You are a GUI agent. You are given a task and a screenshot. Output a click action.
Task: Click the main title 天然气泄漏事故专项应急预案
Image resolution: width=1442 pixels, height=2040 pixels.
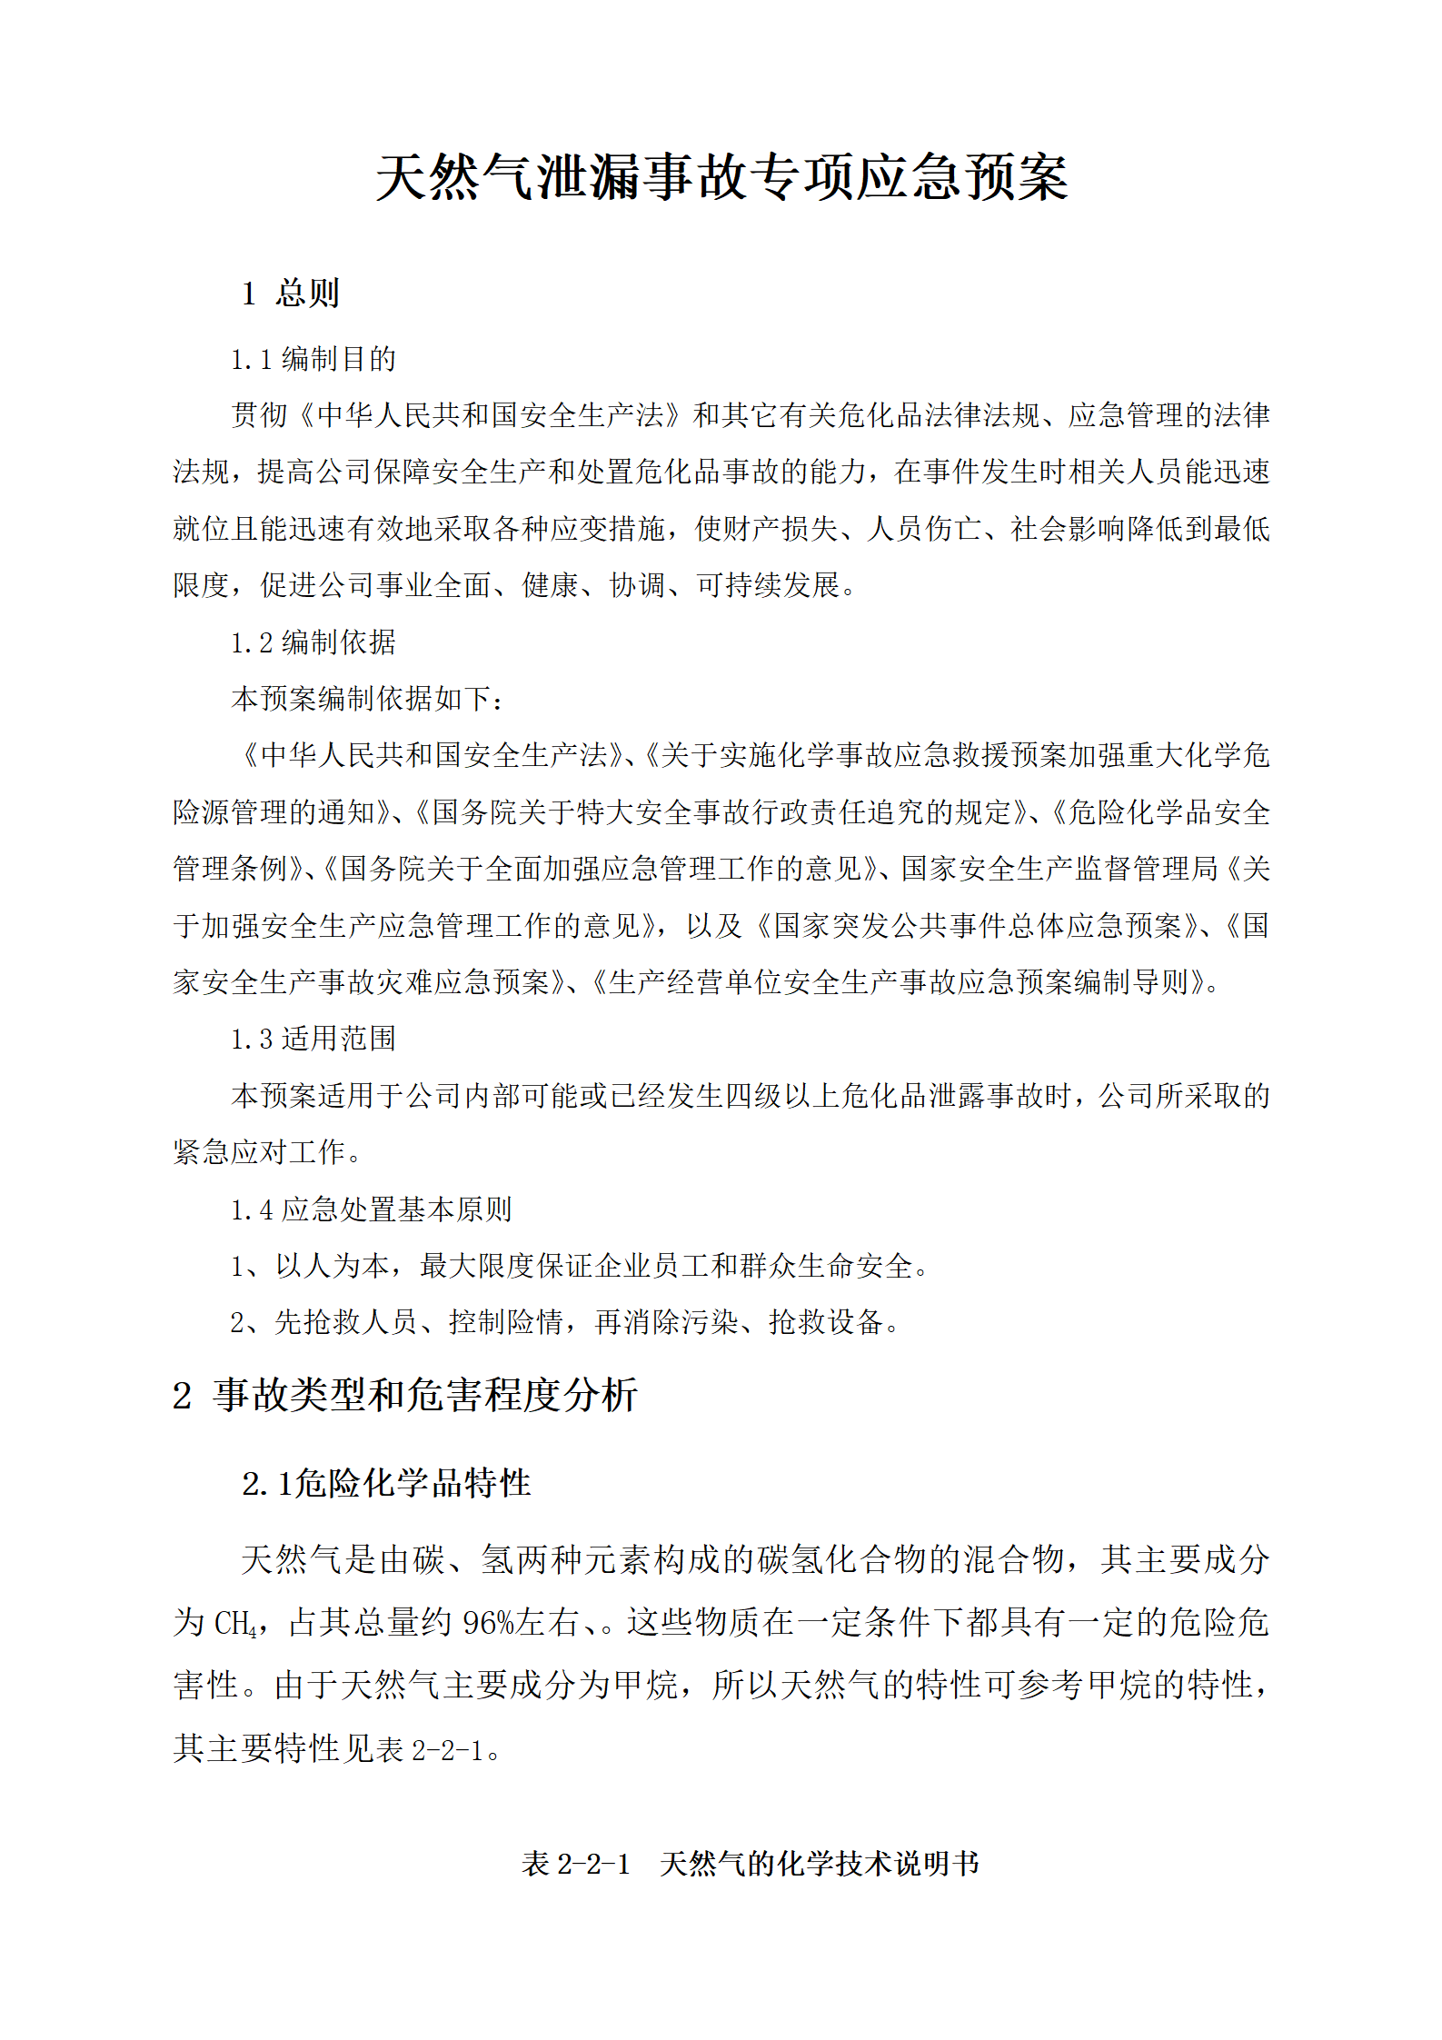721,176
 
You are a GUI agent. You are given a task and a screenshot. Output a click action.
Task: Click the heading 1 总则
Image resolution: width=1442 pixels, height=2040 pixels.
290,293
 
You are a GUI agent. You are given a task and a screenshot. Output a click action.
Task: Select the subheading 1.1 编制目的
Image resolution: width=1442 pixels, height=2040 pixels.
313,359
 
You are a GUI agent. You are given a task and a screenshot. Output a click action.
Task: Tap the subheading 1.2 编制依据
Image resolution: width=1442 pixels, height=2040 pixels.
313,642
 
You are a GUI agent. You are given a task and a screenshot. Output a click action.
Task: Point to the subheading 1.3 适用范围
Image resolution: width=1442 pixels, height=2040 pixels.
313,1039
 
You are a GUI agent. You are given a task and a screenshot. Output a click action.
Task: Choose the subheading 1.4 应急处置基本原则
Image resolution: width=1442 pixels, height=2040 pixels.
371,1209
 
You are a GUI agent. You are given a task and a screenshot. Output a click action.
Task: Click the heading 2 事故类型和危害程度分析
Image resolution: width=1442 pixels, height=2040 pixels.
405,1395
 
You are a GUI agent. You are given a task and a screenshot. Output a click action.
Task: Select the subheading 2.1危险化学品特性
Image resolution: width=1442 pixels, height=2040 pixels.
386,1483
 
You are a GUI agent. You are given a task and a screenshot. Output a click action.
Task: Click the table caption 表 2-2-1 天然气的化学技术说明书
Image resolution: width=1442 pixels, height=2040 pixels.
751,1863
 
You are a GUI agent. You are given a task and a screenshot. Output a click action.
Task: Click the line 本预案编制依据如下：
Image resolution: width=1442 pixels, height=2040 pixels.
368,699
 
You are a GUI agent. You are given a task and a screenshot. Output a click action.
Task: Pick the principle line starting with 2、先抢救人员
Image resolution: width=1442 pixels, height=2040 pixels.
564,1322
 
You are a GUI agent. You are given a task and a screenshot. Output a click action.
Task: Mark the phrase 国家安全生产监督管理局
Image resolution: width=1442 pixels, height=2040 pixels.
1059,869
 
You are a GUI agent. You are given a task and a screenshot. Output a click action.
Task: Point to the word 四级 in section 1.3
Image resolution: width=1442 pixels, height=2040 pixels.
753,1096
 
